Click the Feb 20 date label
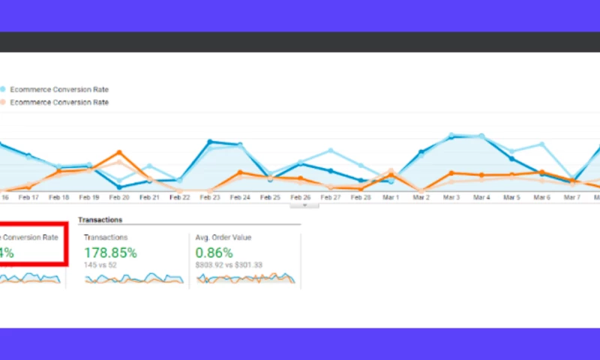(119, 197)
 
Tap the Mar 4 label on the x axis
(481, 197)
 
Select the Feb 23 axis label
(210, 197)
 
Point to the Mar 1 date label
(391, 197)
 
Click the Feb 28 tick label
(361, 197)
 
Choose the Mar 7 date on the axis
(571, 197)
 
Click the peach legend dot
(3, 102)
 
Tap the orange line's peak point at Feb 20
(119, 153)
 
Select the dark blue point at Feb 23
(210, 142)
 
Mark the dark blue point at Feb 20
(119, 187)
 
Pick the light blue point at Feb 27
(330, 151)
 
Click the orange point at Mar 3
(451, 173)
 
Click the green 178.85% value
(110, 253)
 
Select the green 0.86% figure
(214, 253)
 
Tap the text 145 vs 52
(100, 265)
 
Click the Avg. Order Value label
(223, 237)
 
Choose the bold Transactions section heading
(100, 220)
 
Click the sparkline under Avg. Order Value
(245, 278)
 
